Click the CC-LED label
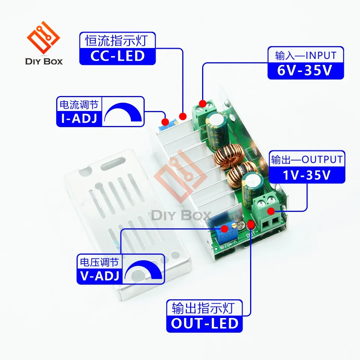[117, 56]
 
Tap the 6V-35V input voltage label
[305, 71]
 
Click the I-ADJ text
[79, 118]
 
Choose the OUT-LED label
[205, 323]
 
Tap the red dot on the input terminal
[202, 103]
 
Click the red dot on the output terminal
[270, 211]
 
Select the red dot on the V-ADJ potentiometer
[225, 229]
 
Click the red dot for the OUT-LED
[250, 225]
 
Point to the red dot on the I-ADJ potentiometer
[165, 121]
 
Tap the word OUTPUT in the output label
[322, 160]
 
